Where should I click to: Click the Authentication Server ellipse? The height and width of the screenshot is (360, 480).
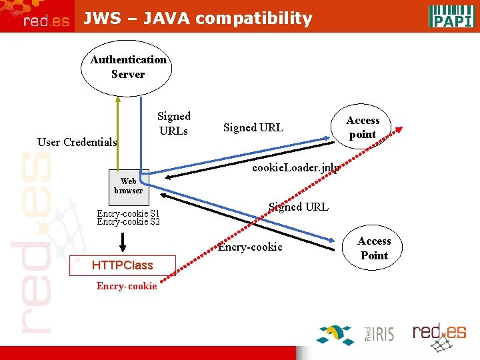[x=128, y=67]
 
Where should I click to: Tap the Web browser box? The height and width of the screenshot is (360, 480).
[x=128, y=186]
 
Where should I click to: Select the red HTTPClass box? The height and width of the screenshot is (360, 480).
[x=122, y=265]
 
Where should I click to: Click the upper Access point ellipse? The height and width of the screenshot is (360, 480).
[x=363, y=127]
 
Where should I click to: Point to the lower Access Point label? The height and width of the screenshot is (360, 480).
[x=374, y=248]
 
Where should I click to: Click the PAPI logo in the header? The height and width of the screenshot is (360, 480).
[x=451, y=15]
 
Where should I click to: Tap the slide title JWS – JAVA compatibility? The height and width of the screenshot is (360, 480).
[x=197, y=18]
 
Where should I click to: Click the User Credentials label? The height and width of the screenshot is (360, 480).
[x=77, y=142]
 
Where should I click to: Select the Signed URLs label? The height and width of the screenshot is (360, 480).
[x=174, y=123]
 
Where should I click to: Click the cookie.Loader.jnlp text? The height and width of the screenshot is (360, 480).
[x=295, y=168]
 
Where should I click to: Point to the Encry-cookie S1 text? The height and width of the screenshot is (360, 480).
[x=128, y=214]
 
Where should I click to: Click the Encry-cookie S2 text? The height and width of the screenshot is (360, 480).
[x=128, y=222]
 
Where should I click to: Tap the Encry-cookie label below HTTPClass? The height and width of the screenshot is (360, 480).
[x=127, y=286]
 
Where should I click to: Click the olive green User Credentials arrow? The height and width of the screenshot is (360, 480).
[x=118, y=133]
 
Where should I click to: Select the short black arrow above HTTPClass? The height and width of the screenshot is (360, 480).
[x=123, y=241]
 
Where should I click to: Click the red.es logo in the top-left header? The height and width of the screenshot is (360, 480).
[x=46, y=21]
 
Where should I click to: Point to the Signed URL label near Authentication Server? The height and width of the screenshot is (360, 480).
[x=253, y=127]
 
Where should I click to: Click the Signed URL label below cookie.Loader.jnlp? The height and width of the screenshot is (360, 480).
[x=298, y=207]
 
